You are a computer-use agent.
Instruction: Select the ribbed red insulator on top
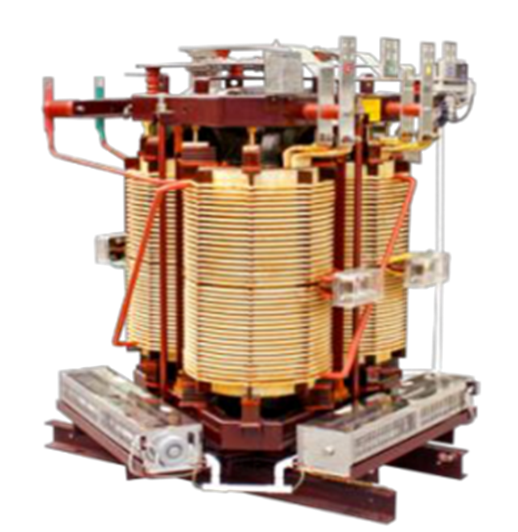point(152,80)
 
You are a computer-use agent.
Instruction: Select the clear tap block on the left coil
point(109,248)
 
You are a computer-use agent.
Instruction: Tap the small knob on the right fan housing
point(328,450)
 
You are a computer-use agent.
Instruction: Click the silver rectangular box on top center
point(282,72)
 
